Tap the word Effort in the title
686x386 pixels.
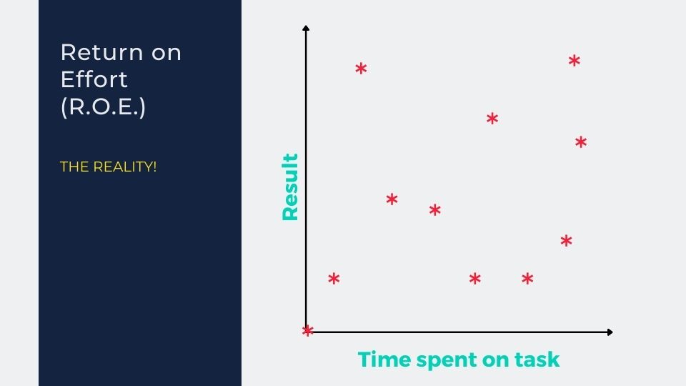point(94,79)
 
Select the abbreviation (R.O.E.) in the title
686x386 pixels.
point(103,107)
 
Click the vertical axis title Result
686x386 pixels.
point(290,187)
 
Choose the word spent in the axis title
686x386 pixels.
point(447,360)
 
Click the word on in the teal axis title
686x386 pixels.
point(496,360)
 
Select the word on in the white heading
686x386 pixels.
point(166,54)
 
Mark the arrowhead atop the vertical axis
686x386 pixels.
point(306,28)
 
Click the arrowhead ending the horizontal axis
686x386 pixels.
point(610,332)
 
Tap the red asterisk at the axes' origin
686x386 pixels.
point(307,330)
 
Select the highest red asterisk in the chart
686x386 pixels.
point(575,60)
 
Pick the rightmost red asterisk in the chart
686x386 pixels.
point(581,142)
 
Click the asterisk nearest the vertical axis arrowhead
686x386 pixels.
point(361,69)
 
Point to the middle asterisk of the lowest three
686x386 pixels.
point(475,278)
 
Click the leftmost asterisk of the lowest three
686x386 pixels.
point(334,278)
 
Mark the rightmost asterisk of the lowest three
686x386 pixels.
point(527,278)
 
